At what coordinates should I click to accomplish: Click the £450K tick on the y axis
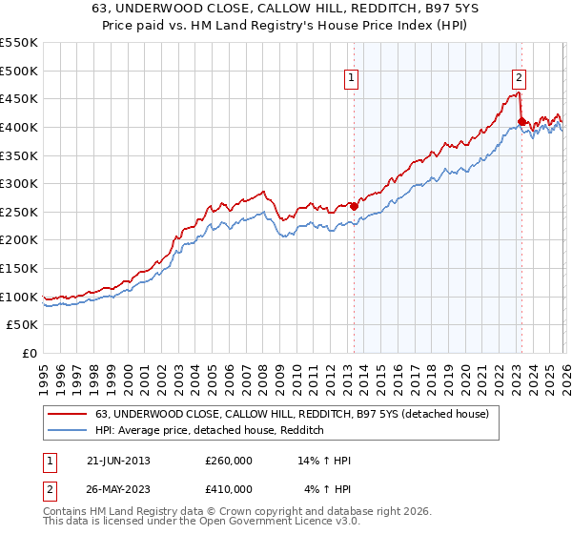pyautogui.click(x=19, y=98)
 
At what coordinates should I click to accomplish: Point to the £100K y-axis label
pyautogui.click(x=19, y=297)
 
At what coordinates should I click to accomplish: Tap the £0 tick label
pyautogui.click(x=29, y=353)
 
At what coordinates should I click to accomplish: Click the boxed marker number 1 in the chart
pyautogui.click(x=353, y=79)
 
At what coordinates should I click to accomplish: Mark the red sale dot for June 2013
pyautogui.click(x=354, y=206)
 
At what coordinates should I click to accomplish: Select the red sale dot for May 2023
pyautogui.click(x=521, y=121)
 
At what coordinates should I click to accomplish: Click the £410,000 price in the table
pyautogui.click(x=229, y=489)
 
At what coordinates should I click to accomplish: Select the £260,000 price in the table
pyautogui.click(x=229, y=461)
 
